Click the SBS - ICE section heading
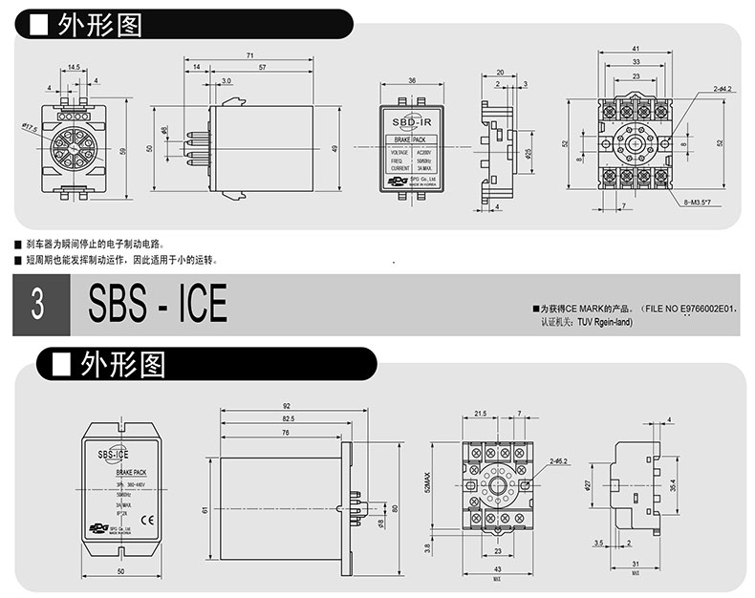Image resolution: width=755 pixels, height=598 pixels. [158, 305]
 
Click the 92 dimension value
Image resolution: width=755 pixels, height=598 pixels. [286, 405]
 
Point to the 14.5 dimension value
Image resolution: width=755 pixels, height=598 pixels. [75, 68]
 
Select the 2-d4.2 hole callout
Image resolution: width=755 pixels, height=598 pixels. [720, 89]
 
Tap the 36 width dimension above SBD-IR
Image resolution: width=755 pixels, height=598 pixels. [411, 80]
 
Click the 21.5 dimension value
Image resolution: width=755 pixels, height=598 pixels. [480, 413]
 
